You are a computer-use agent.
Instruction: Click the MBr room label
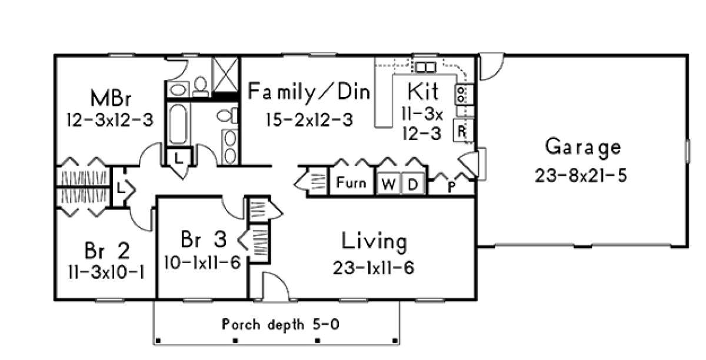point(111,98)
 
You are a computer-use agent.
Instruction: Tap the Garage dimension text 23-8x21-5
point(581,175)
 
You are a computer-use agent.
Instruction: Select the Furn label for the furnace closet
point(351,182)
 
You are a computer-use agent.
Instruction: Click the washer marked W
point(389,184)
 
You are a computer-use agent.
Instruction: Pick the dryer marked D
point(413,184)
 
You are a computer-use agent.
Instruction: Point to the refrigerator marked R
point(462,131)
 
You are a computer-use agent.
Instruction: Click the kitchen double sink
point(425,68)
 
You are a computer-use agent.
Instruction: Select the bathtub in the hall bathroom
point(178,124)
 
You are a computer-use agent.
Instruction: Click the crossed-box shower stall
point(226,74)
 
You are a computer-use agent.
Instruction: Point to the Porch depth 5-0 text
point(281,324)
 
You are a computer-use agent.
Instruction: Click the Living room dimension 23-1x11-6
point(374,268)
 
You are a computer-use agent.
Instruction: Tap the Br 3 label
point(204,239)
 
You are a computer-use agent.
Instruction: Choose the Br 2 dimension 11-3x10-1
point(106,272)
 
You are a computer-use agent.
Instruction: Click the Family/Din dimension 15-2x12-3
point(309,120)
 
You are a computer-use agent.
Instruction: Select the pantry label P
point(451,186)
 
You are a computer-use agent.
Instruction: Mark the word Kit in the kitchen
point(422,91)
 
